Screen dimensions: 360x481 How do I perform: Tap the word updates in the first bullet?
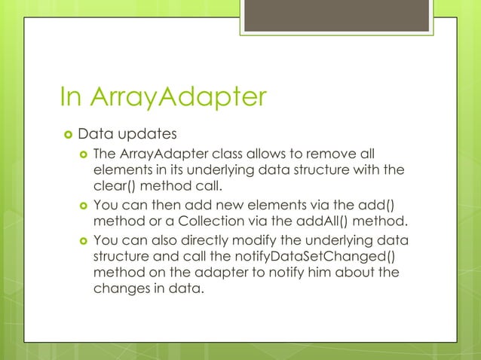point(148,136)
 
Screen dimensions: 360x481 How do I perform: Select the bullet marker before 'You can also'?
point(84,240)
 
